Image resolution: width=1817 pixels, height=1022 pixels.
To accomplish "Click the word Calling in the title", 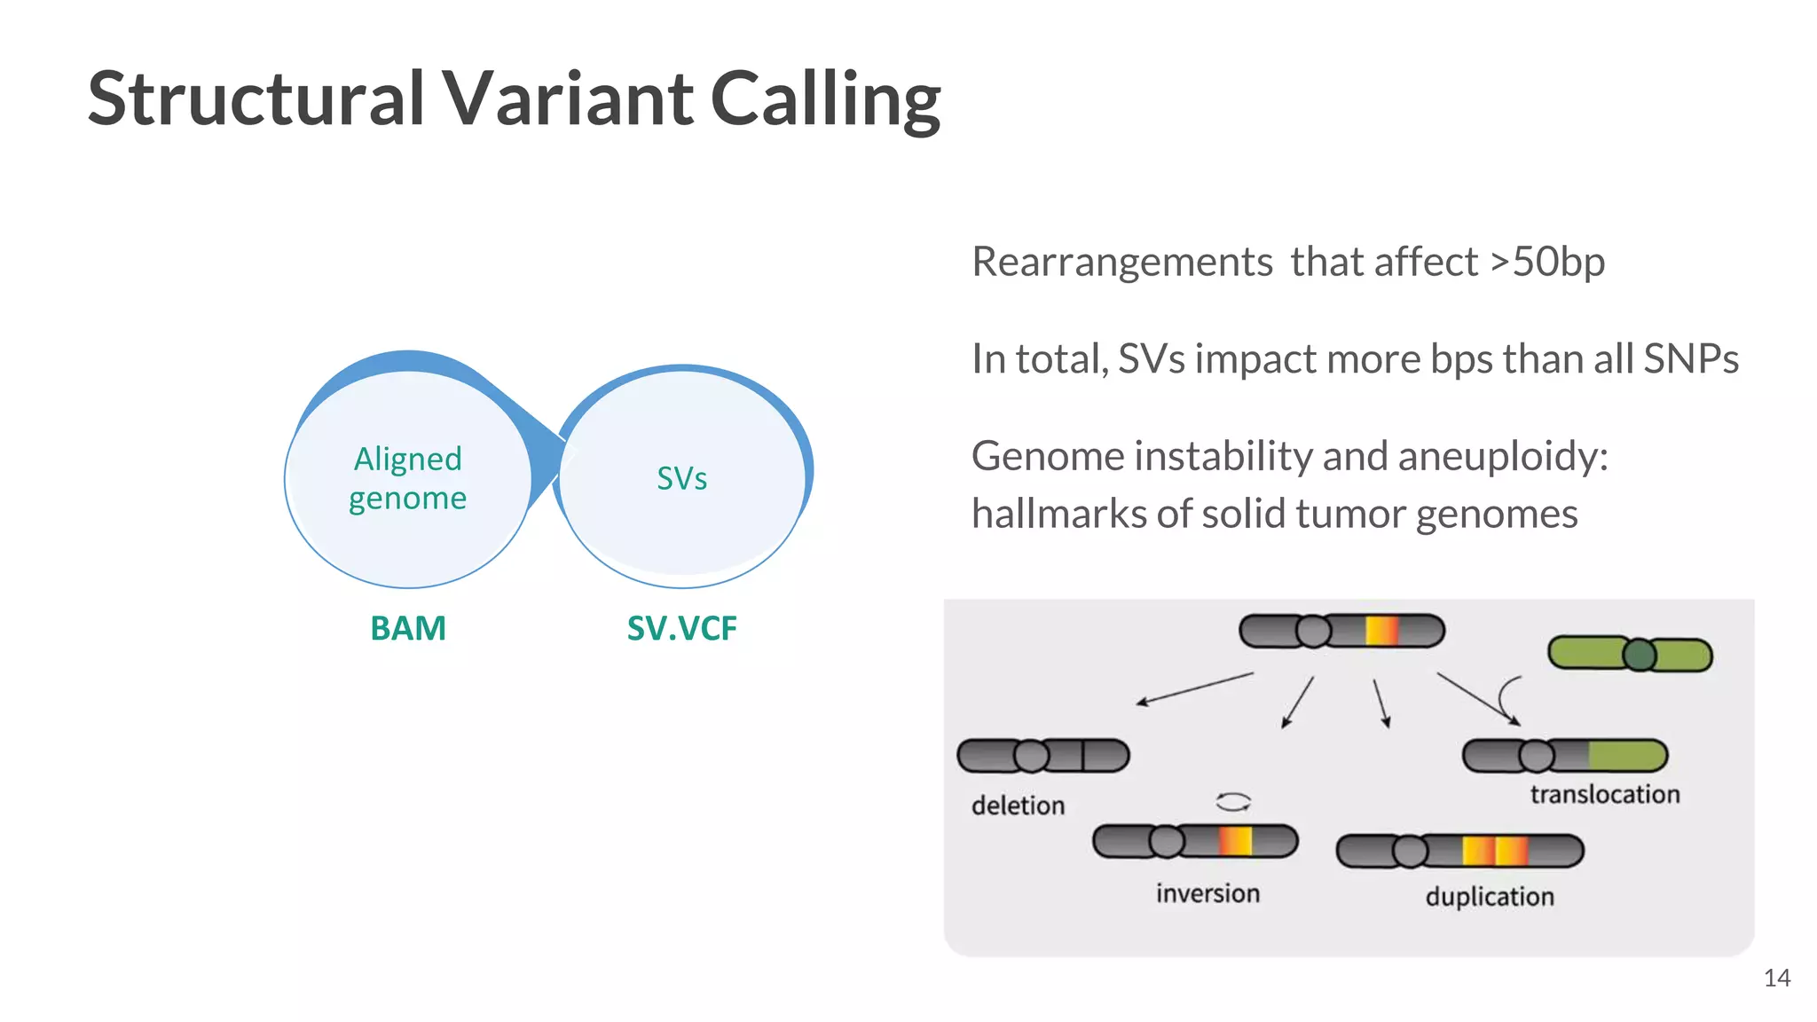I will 825,99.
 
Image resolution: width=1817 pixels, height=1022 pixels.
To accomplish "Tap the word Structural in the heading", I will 256,99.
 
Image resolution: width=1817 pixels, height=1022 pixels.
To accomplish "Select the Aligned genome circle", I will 408,479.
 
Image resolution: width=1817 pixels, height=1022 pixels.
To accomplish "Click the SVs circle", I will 681,479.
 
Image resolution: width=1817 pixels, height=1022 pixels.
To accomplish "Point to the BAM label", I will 408,628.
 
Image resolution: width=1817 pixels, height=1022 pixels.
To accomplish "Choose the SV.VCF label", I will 681,628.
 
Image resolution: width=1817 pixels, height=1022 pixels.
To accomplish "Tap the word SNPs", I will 1690,358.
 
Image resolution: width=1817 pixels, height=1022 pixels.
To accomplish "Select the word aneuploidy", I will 1503,457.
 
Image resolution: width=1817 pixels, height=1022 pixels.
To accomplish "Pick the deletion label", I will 1018,806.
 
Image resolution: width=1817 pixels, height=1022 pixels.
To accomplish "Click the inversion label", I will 1207,893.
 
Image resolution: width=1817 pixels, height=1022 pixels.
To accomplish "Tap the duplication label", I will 1490,897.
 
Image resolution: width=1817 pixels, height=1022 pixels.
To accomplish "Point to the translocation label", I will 1604,794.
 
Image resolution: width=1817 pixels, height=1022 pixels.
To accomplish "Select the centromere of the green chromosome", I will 1640,656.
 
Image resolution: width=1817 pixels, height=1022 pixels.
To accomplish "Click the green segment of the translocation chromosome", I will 1625,756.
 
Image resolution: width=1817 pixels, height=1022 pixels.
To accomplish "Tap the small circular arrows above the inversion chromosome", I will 1233,802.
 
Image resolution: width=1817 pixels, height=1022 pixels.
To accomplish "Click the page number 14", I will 1776,979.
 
